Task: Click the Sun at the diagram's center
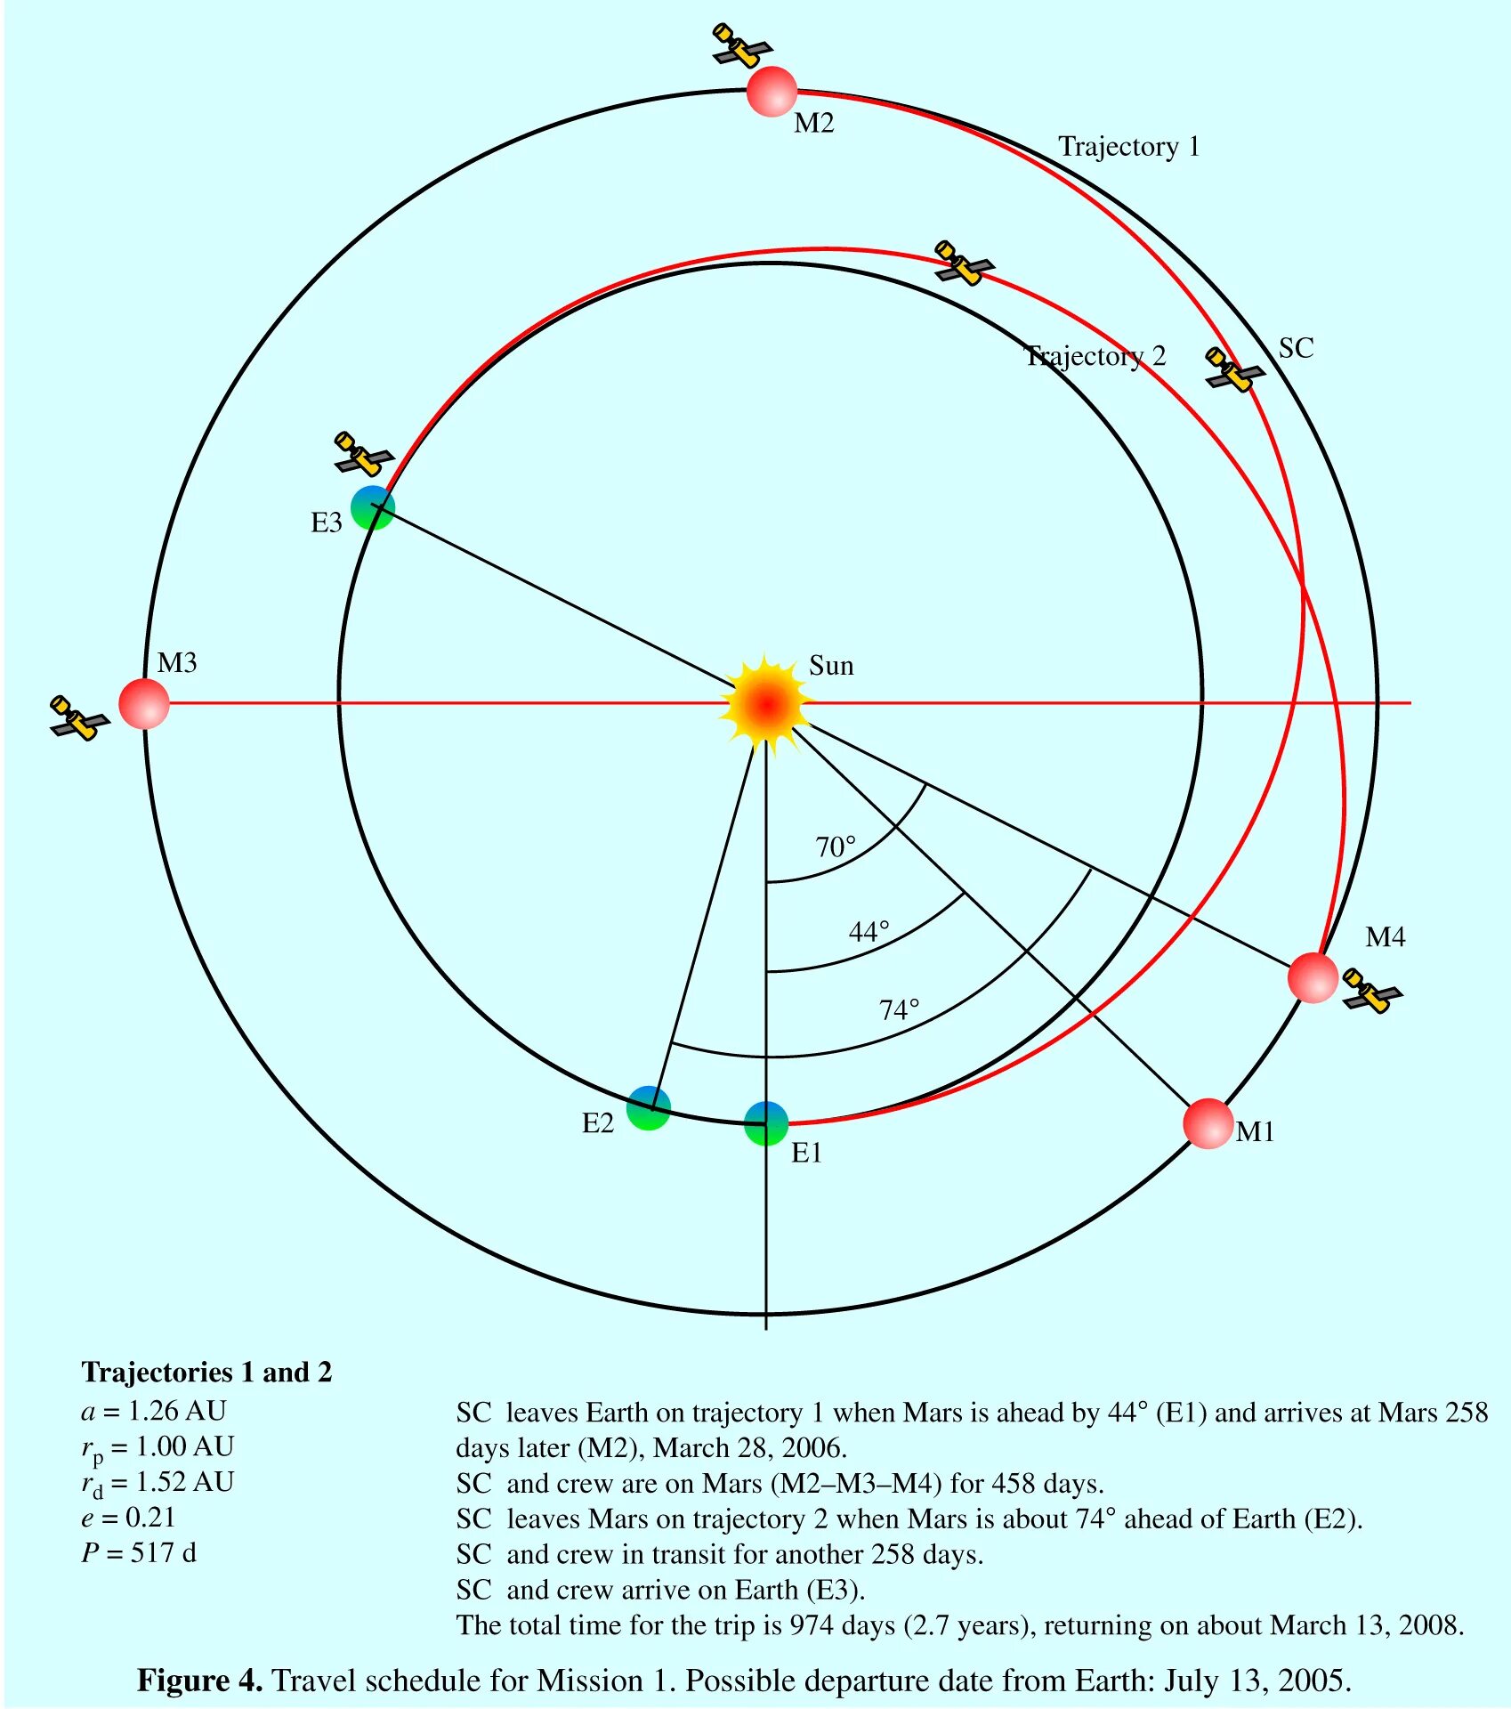click(x=766, y=704)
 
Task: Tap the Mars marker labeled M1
click(x=1208, y=1123)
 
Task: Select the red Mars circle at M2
click(x=771, y=91)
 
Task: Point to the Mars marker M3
click(x=144, y=703)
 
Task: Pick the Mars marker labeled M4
click(x=1313, y=977)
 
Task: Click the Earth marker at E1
click(x=766, y=1123)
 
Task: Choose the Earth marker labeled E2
click(x=649, y=1108)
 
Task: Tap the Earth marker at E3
click(x=373, y=507)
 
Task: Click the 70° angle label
click(x=836, y=846)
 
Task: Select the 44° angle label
click(x=869, y=932)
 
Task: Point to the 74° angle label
click(x=899, y=1010)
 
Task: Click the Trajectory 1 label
click(x=1128, y=147)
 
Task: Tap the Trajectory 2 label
click(x=1095, y=356)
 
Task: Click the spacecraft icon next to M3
click(x=79, y=717)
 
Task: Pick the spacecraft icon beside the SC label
click(x=1234, y=369)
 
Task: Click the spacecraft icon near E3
click(x=363, y=454)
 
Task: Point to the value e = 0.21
click(x=128, y=1517)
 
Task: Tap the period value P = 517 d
click(x=139, y=1552)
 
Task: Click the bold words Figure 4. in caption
click(x=199, y=1681)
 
